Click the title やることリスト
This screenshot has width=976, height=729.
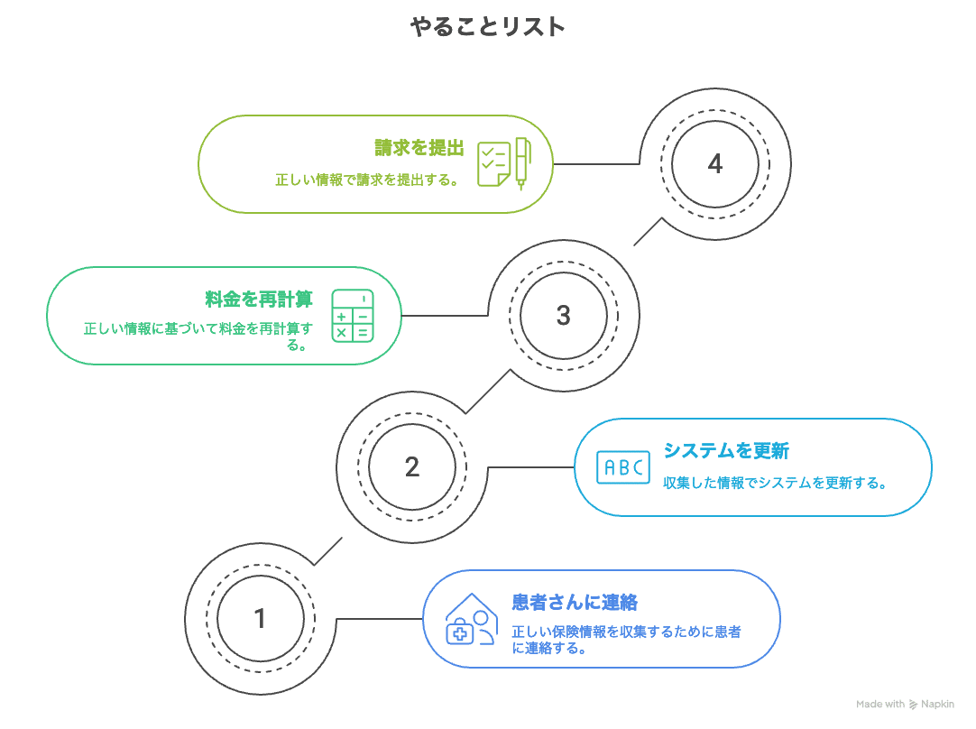[x=487, y=28]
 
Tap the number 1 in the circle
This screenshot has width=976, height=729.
[x=260, y=619]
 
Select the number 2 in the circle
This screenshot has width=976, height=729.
[x=412, y=467]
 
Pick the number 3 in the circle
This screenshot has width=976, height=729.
[x=564, y=316]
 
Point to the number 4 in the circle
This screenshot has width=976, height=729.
[x=715, y=164]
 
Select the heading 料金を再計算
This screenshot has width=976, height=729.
[x=258, y=300]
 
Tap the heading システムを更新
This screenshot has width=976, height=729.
[x=726, y=450]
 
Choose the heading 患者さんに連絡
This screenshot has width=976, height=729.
[x=575, y=602]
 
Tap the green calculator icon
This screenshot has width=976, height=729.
[x=352, y=316]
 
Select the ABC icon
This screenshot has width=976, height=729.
[x=622, y=467]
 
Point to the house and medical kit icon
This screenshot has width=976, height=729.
[x=471, y=619]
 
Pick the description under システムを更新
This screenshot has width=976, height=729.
[x=775, y=484]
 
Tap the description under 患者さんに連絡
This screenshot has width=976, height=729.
[x=626, y=640]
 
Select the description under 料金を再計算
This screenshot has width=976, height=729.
[x=198, y=336]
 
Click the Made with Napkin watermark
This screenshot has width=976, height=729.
[x=905, y=705]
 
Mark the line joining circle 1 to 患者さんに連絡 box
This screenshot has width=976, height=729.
[x=379, y=619]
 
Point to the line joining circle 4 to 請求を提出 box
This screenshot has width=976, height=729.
[x=595, y=163]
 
